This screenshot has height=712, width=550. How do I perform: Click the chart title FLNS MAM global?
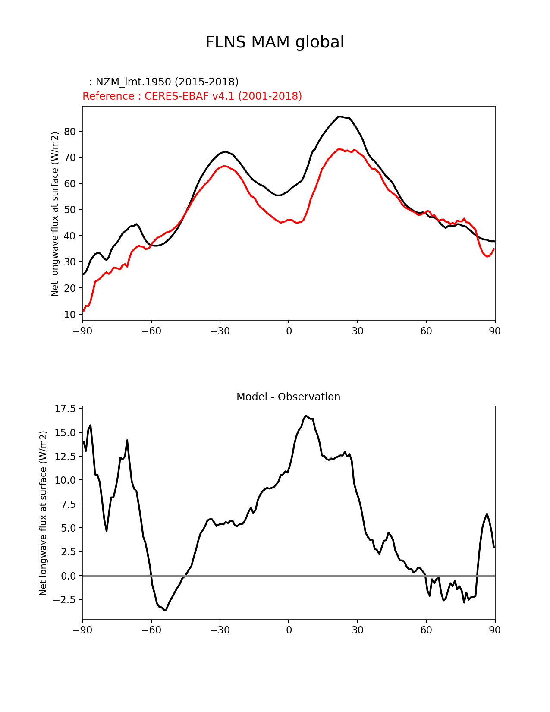pos(274,42)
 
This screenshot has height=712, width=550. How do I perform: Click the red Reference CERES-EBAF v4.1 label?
pos(192,96)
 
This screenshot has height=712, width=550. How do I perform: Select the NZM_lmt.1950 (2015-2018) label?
pos(163,82)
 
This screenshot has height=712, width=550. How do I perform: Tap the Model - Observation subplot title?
pos(288,397)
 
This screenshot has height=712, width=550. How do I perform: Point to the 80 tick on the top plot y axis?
pos(70,131)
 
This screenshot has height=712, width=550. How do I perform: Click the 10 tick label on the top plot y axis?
pos(70,314)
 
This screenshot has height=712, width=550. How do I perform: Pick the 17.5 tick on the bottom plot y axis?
pos(65,409)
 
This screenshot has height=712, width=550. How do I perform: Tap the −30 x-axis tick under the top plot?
pos(220,331)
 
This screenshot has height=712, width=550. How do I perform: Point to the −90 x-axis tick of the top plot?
pos(82,331)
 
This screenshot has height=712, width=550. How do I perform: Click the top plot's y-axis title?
pos(55,214)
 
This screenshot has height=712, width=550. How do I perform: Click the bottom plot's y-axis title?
pos(43,513)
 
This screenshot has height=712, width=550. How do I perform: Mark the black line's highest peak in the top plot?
pos(340,116)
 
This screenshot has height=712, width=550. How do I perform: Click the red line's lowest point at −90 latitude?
pos(84,311)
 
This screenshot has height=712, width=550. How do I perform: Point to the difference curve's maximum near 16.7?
pos(305,416)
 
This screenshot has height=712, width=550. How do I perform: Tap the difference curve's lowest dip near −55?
pos(165,609)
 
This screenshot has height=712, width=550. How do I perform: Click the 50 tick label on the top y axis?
pos(70,210)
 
